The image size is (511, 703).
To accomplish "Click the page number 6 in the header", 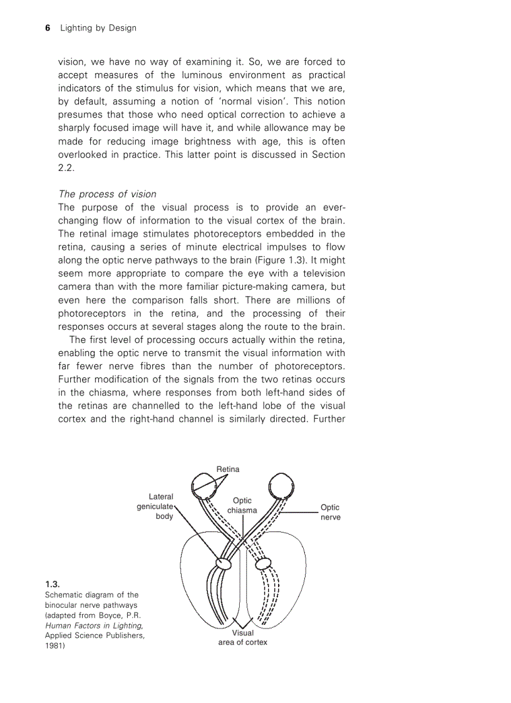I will tap(48, 28).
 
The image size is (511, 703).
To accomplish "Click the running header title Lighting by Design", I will tap(98, 28).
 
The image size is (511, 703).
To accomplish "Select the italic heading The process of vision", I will tap(107, 194).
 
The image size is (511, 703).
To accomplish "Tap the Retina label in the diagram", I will tap(228, 469).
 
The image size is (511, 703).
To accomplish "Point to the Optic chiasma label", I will tap(242, 505).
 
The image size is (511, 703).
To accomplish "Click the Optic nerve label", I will tap(330, 512).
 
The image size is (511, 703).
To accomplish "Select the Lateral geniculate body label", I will tap(157, 506).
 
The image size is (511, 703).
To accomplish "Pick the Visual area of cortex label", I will tap(242, 637).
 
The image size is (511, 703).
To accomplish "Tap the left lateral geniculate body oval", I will tap(223, 563).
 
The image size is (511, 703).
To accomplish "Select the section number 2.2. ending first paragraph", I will tap(66, 168).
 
